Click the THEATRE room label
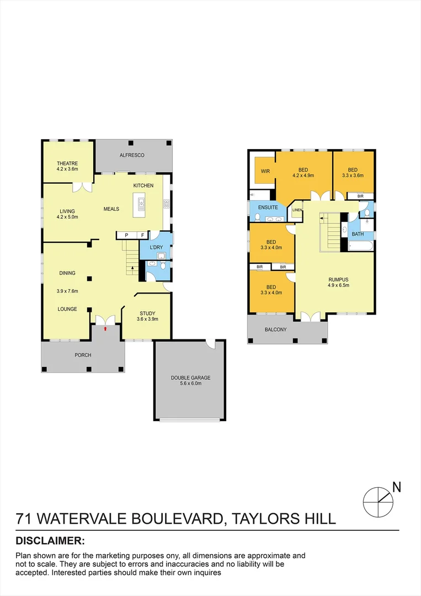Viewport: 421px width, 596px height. coord(67,163)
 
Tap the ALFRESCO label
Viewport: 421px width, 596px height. coord(132,156)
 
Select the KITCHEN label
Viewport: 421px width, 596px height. coord(143,185)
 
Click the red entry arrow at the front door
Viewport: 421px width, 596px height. coord(105,328)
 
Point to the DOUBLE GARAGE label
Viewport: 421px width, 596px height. coord(190,378)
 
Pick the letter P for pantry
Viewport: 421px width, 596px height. coord(126,235)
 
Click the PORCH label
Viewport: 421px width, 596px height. coord(83,355)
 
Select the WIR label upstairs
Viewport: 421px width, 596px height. coord(265,171)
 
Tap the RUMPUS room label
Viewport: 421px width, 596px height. coord(338,279)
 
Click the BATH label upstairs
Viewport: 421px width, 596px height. coord(358,235)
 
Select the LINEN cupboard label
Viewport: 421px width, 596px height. coord(297,210)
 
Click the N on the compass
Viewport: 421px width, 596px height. coord(396,487)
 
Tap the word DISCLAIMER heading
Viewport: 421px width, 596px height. coord(50,540)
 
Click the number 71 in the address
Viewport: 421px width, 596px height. coord(24,519)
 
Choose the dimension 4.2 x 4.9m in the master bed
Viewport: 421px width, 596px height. coord(303,176)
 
